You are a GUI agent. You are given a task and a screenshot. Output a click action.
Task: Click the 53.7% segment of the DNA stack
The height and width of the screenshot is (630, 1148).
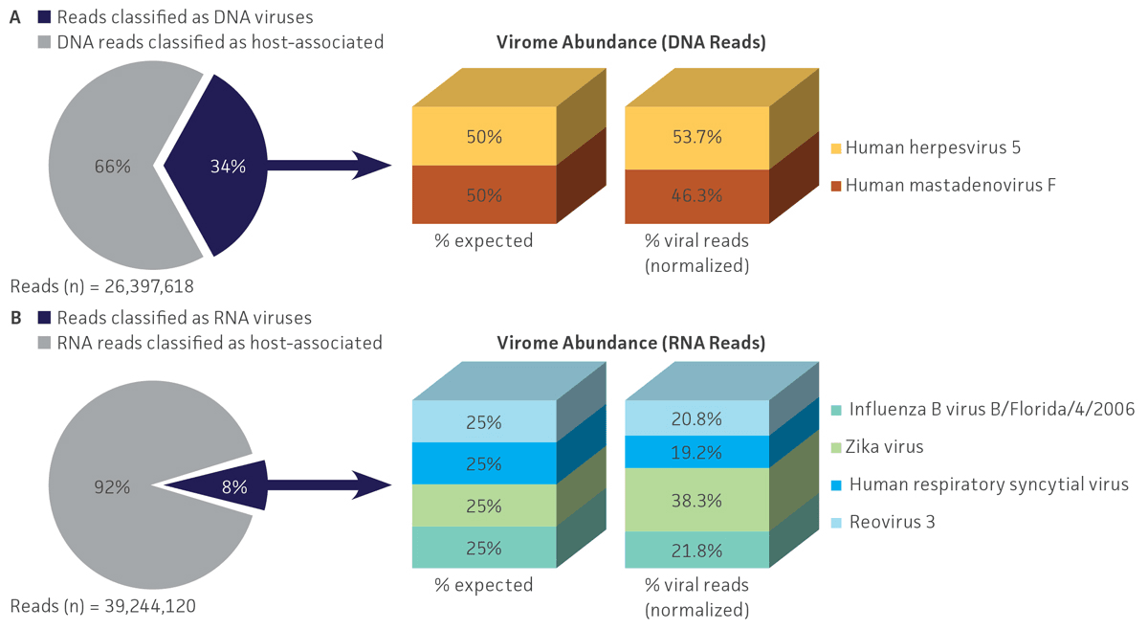pyautogui.click(x=695, y=136)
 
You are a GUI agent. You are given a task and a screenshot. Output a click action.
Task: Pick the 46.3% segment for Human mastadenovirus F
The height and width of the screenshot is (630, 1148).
pyautogui.click(x=695, y=194)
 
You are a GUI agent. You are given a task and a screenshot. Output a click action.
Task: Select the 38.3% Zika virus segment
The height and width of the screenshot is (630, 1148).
pyautogui.click(x=695, y=499)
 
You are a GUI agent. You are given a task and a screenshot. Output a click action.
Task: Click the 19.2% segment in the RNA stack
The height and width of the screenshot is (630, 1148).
pyautogui.click(x=695, y=452)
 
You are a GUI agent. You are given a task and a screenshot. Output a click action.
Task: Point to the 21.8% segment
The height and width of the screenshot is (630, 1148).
pyautogui.click(x=695, y=550)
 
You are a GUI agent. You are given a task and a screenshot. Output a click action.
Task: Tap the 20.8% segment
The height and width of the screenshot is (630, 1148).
pyautogui.click(x=695, y=418)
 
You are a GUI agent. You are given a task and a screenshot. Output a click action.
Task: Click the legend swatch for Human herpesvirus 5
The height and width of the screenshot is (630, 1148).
pyautogui.click(x=835, y=148)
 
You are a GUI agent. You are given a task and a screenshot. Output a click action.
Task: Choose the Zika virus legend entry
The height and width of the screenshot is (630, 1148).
pyautogui.click(x=886, y=447)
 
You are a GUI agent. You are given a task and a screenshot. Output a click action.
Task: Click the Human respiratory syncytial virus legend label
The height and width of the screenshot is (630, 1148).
pyautogui.click(x=988, y=484)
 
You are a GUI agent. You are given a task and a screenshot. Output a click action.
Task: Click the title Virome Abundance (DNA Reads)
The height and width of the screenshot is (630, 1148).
pyautogui.click(x=631, y=42)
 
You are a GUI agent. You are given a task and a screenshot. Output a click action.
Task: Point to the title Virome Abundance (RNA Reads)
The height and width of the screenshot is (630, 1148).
pyautogui.click(x=631, y=343)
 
